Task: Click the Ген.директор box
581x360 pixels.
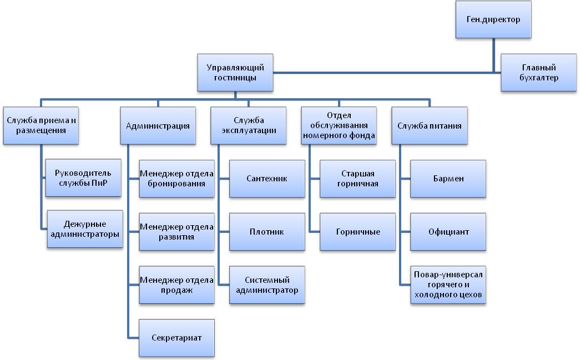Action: (x=493, y=19)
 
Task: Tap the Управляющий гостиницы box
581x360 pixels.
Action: (x=235, y=72)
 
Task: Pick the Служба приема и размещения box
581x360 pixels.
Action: (x=41, y=126)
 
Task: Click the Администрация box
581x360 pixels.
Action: (x=158, y=126)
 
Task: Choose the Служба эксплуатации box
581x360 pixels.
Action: (x=248, y=126)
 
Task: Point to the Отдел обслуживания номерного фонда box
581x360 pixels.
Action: (x=339, y=126)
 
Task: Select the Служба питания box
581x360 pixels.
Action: (x=429, y=126)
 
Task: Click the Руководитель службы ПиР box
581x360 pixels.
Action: (x=83, y=178)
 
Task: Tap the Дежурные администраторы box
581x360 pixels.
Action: (x=84, y=229)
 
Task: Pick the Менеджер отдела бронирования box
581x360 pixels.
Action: (x=176, y=178)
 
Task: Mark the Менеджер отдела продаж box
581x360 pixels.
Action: (x=176, y=285)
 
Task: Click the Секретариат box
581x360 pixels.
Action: (x=176, y=338)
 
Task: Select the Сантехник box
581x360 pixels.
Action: (x=267, y=179)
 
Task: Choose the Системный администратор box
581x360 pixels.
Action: (x=267, y=285)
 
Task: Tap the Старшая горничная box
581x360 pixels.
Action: (x=357, y=178)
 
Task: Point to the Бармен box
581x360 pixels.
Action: (x=448, y=179)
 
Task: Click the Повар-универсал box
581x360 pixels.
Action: (x=448, y=285)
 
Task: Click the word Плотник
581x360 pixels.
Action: (x=267, y=232)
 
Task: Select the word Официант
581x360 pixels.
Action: (x=448, y=232)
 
